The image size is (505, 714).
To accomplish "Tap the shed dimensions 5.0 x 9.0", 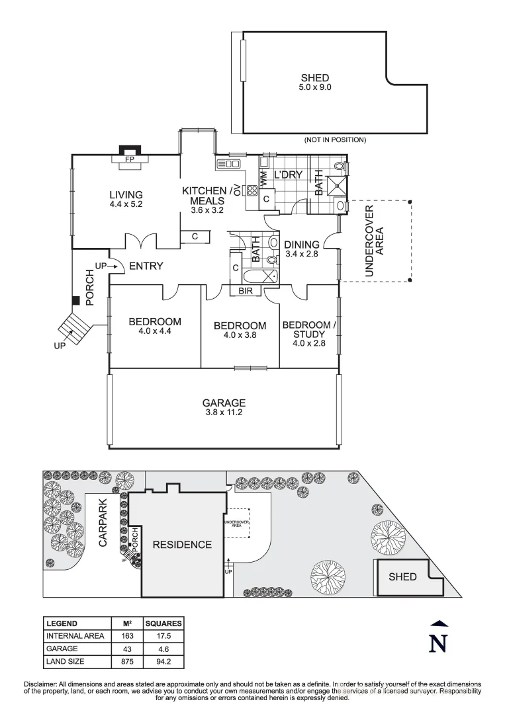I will click(314, 87).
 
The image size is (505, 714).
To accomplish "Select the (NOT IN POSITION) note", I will click(335, 140).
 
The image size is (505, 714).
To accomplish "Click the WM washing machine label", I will click(263, 178).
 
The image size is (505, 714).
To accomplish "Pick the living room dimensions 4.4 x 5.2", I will click(126, 205).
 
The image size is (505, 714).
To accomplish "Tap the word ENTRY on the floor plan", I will click(146, 266).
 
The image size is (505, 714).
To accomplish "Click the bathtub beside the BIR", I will click(261, 276).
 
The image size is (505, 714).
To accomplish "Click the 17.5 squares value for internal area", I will click(163, 636).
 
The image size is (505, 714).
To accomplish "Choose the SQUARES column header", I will click(163, 623).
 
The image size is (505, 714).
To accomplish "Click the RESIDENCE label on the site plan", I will click(182, 545).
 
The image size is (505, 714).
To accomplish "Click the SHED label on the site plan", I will click(402, 576).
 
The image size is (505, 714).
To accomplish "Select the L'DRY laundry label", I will click(288, 175).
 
